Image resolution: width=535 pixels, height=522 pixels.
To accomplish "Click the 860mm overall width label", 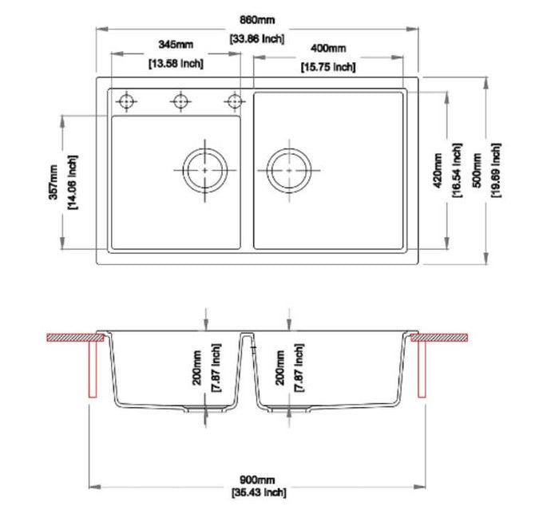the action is point(257,20).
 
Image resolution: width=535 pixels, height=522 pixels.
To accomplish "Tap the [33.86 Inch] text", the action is point(257,38).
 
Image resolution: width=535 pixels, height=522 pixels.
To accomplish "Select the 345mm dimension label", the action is point(176,45).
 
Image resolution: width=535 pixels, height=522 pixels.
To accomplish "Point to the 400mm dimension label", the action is point(328,48).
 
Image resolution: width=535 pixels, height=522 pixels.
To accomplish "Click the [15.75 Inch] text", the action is point(328,67).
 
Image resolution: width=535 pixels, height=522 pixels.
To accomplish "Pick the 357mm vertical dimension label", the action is point(53,182).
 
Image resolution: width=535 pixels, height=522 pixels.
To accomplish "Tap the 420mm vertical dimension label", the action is point(438,171).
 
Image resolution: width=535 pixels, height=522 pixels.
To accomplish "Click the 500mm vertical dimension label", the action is point(477,171).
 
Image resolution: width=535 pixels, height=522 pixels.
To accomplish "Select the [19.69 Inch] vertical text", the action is point(496,171).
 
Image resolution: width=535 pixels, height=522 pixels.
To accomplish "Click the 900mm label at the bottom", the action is point(257,480).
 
